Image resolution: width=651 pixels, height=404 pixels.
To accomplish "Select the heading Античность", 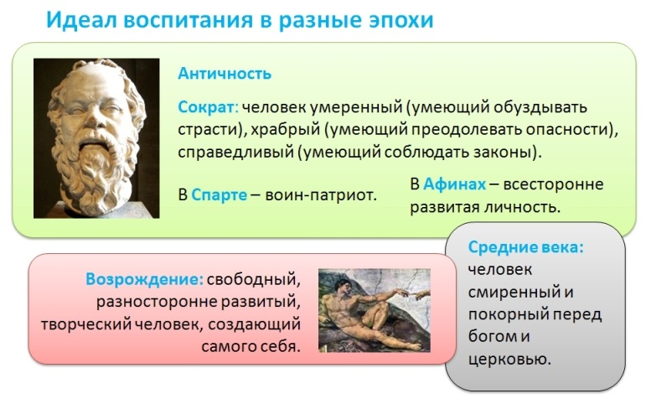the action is click(x=225, y=74).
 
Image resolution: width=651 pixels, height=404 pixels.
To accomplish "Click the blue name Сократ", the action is click(x=207, y=107).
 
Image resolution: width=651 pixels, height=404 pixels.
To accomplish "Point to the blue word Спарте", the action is click(x=219, y=194).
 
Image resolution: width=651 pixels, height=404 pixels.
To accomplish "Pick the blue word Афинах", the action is click(x=454, y=184).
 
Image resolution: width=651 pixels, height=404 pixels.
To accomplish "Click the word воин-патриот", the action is click(x=321, y=194).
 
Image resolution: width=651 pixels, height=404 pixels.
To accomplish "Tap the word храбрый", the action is click(x=285, y=130).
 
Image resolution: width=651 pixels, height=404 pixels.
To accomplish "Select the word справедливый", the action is click(x=235, y=152).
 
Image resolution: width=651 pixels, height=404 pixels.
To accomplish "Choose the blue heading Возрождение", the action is click(x=144, y=279).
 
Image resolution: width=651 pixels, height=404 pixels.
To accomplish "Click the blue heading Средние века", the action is click(x=525, y=247).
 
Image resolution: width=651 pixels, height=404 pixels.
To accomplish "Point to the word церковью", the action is click(x=509, y=359).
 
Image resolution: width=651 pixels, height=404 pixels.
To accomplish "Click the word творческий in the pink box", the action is click(x=85, y=324).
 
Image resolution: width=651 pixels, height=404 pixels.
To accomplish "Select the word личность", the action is click(x=523, y=206).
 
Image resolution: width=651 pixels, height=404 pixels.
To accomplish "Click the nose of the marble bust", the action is click(x=95, y=117).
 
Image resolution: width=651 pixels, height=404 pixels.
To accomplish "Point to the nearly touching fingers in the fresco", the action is click(x=408, y=292).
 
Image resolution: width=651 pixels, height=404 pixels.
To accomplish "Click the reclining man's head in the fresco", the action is click(x=343, y=286).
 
